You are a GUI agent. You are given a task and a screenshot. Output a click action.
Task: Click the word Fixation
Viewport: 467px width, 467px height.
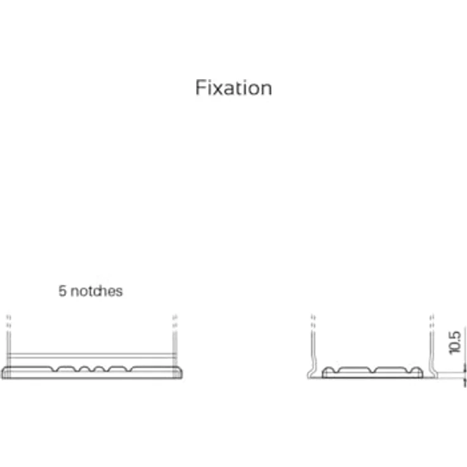(233, 88)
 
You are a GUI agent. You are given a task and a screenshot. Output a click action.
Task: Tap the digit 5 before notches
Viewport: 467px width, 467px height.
(62, 291)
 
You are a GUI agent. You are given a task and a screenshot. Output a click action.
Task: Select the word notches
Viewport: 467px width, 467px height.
(96, 291)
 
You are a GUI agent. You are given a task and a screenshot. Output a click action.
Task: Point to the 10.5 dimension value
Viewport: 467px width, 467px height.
(455, 343)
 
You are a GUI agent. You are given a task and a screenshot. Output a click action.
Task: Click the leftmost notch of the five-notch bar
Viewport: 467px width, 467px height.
(55, 369)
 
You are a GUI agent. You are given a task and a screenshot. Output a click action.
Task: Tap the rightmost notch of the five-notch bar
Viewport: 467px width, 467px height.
(129, 369)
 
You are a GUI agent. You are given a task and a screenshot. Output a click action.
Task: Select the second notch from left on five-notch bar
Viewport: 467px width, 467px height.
(77, 369)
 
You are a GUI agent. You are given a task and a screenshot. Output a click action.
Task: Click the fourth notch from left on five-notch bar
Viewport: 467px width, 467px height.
(107, 369)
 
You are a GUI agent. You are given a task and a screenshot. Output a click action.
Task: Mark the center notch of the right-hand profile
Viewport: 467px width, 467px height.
(372, 370)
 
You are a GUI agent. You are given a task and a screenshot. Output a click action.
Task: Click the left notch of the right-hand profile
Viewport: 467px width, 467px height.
(336, 371)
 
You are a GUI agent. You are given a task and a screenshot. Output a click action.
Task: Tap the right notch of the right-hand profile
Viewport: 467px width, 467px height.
(409, 371)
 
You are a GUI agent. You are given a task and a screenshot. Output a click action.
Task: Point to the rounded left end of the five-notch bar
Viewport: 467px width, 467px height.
(5, 372)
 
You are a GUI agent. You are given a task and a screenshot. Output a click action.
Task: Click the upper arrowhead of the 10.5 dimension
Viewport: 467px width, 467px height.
(464, 368)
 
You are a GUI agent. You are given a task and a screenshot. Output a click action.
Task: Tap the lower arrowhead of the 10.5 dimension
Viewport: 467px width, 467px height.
(464, 383)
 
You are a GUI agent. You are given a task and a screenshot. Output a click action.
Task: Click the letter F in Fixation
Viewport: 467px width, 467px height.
(200, 88)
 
